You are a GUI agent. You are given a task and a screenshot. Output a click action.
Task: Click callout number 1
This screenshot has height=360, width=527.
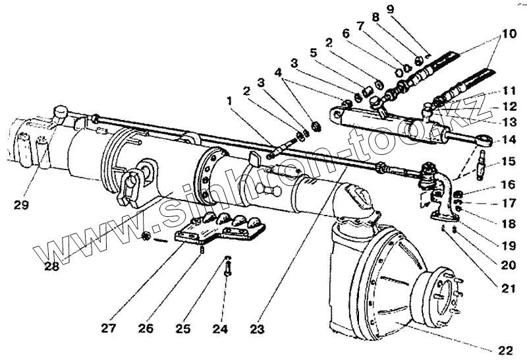coord(229,102)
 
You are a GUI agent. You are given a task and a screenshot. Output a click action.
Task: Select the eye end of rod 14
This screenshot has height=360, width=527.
coord(485,140)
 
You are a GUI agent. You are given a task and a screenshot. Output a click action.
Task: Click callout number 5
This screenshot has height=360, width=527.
coord(313,51)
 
